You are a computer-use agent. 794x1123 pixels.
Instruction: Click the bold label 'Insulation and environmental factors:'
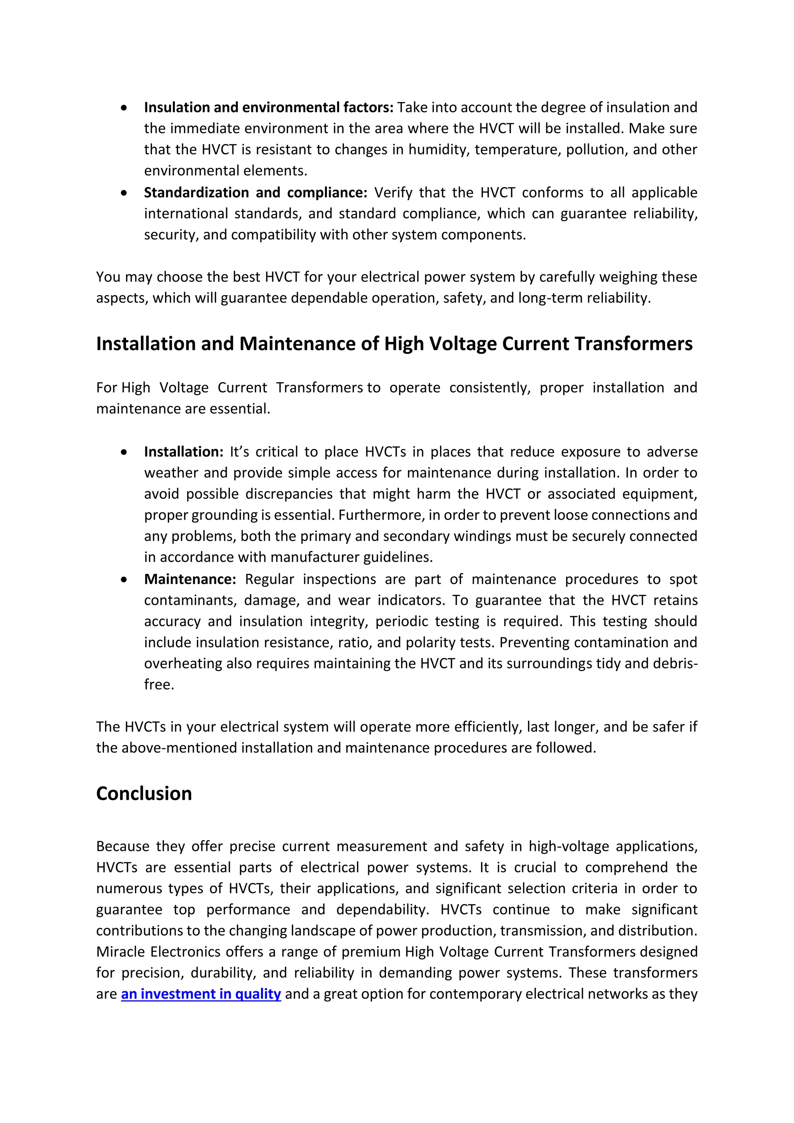[x=268, y=107]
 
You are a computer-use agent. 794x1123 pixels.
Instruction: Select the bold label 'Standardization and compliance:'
[x=255, y=193]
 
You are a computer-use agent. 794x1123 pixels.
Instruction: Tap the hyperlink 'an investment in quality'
[x=201, y=994]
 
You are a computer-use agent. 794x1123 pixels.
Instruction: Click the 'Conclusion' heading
[x=144, y=793]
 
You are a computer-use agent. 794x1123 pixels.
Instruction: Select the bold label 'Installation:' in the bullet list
[x=183, y=451]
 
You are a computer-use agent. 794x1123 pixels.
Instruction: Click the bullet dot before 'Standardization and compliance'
[x=125, y=193]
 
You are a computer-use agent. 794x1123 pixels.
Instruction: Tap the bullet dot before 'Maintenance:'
[x=125, y=580]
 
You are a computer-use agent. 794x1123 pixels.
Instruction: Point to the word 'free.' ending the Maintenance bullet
[x=159, y=685]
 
